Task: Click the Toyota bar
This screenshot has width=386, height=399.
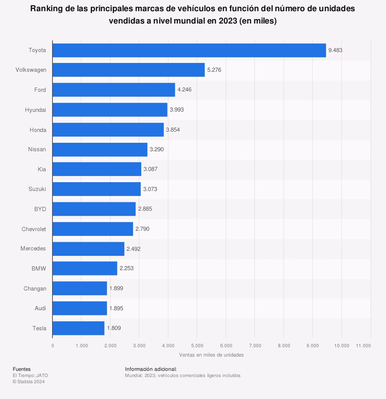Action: click(189, 50)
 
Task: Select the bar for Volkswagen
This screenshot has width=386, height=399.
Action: click(129, 70)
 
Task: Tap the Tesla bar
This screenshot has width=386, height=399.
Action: click(78, 328)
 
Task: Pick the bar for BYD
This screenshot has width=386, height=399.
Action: click(94, 209)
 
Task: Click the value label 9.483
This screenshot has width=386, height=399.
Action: click(335, 50)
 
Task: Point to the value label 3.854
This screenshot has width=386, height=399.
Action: click(173, 130)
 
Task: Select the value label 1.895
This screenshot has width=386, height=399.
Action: click(116, 308)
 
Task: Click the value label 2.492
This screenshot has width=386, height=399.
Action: click(134, 249)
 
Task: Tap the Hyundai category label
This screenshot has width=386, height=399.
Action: click(36, 110)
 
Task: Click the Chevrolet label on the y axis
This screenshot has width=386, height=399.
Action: click(34, 229)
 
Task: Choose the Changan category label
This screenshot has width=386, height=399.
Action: click(35, 289)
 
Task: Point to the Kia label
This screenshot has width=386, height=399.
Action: click(42, 169)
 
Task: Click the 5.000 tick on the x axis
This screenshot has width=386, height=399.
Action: click(197, 346)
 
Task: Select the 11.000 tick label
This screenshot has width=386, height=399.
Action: click(364, 346)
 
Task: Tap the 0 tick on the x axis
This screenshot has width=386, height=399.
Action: click(52, 346)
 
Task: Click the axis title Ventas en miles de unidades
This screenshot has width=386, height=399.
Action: click(211, 355)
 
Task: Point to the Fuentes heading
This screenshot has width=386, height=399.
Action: click(22, 369)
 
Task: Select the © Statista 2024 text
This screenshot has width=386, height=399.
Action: click(29, 382)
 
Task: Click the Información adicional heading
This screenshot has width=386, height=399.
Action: click(151, 369)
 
